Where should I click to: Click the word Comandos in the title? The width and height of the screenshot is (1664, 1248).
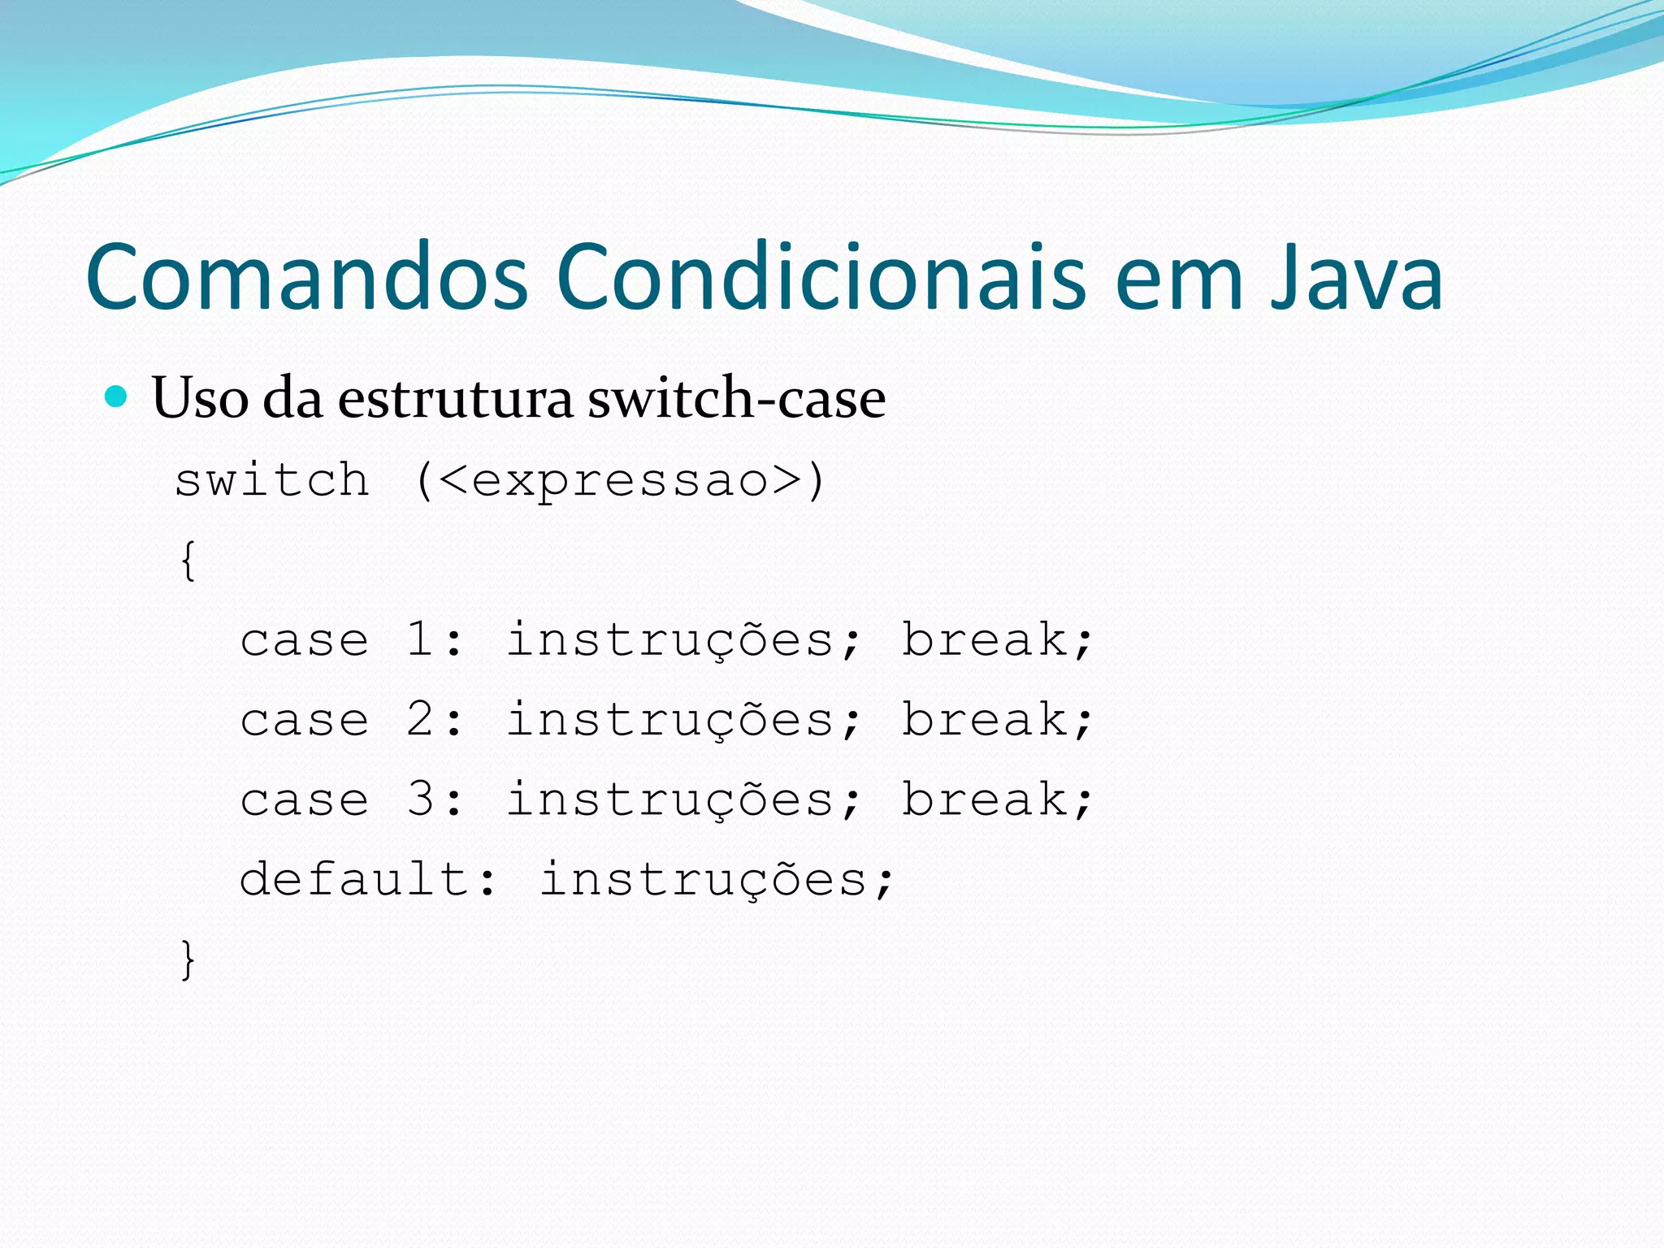307,278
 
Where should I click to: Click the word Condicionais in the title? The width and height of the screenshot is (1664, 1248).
821,278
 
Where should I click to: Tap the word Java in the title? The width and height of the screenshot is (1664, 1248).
1356,278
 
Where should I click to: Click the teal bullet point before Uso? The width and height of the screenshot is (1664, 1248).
117,396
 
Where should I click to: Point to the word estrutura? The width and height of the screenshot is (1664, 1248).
455,399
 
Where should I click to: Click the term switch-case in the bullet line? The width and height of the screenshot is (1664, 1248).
736,399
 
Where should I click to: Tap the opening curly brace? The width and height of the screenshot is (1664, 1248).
188,561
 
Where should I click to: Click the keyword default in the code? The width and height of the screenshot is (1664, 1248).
354,878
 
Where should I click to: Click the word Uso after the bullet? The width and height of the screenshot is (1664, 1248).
200,399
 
